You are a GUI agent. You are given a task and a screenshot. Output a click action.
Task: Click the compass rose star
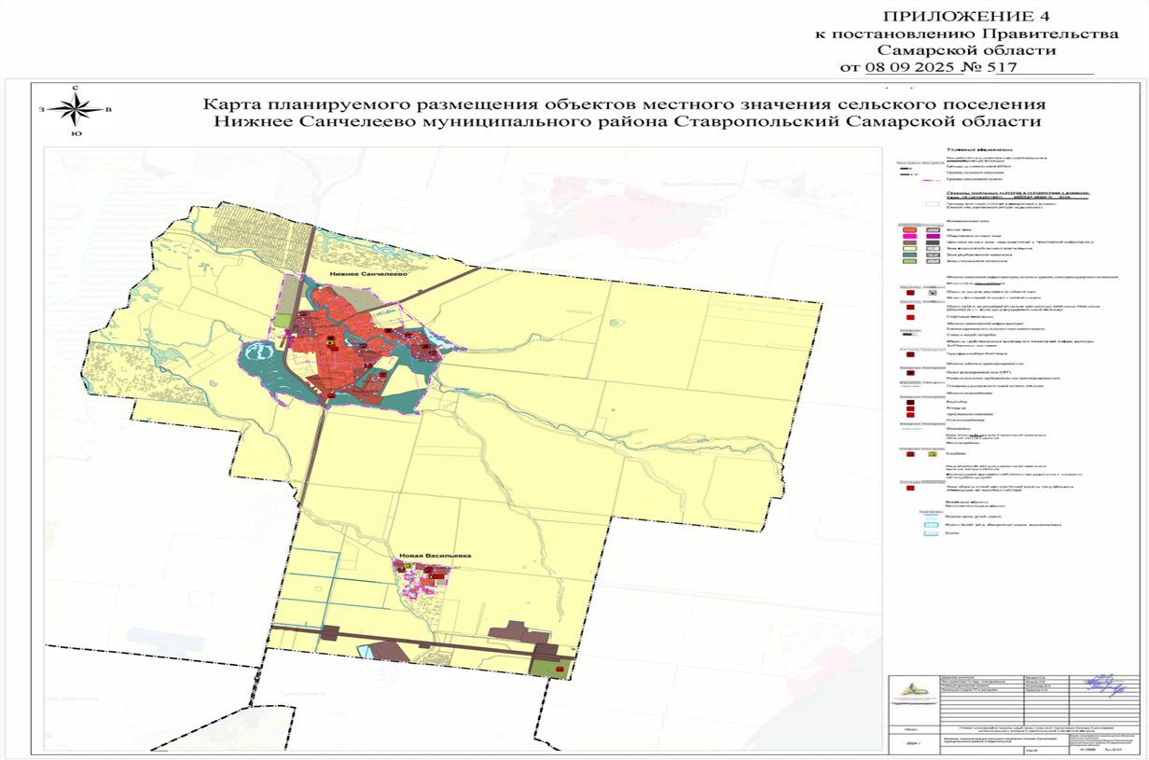[x=75, y=110]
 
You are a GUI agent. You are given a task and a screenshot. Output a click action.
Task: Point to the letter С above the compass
[x=75, y=88]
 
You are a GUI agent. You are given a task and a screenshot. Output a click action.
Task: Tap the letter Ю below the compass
[x=75, y=134]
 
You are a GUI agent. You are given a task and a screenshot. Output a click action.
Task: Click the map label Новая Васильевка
[x=435, y=556]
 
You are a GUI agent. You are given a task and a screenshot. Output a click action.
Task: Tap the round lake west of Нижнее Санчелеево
[x=258, y=354]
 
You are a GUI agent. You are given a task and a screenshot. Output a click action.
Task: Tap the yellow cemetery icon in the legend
[x=932, y=453]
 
